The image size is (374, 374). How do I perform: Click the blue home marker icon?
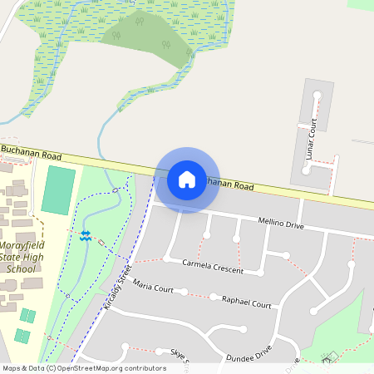pyautogui.click(x=187, y=179)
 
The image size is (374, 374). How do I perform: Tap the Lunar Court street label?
pyautogui.click(x=312, y=139)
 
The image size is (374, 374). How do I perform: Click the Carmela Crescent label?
pyautogui.click(x=213, y=266)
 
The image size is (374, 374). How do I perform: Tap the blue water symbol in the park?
pyautogui.click(x=85, y=235)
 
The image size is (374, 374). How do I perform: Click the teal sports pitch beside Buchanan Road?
pyautogui.click(x=58, y=189)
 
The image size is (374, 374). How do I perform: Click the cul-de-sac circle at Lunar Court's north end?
pyautogui.click(x=316, y=96)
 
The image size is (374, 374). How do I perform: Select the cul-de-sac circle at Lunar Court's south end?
pyautogui.click(x=306, y=170)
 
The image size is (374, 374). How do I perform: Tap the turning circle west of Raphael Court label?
pyautogui.click(x=214, y=297)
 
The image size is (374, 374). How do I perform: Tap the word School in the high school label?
pyautogui.click(x=21, y=269)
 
